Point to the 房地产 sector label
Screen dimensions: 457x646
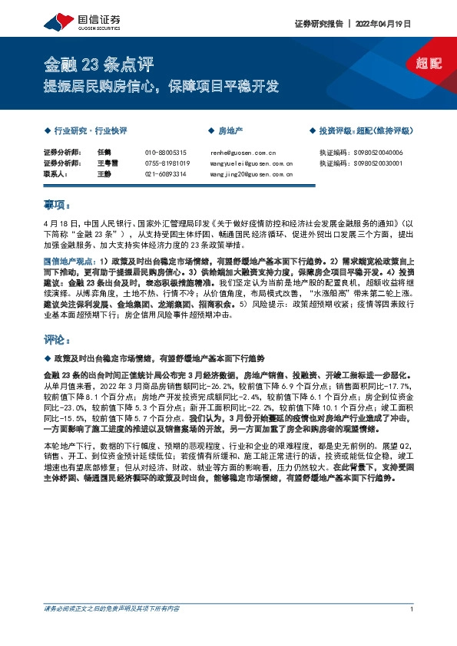click(x=230, y=131)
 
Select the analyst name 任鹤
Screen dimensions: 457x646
click(x=105, y=153)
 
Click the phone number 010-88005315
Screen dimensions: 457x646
click(x=166, y=153)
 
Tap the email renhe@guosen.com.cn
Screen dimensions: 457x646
click(x=240, y=153)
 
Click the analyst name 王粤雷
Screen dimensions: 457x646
click(x=108, y=163)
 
